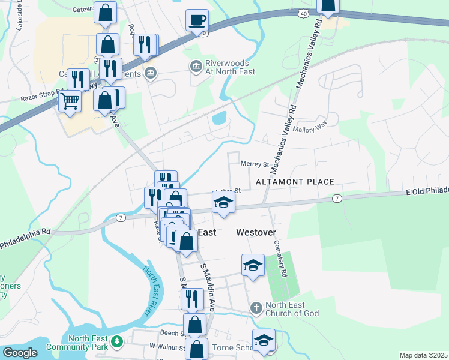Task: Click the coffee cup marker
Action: click(197, 20)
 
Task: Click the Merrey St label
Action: click(254, 163)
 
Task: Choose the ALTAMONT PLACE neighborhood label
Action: click(295, 181)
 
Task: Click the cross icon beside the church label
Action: click(256, 308)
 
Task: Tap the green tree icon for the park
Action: click(118, 343)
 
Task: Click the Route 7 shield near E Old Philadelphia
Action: click(337, 198)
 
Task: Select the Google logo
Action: click(20, 353)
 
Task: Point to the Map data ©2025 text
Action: click(423, 355)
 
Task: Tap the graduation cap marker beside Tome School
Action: click(263, 340)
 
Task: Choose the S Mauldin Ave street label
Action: click(208, 288)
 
